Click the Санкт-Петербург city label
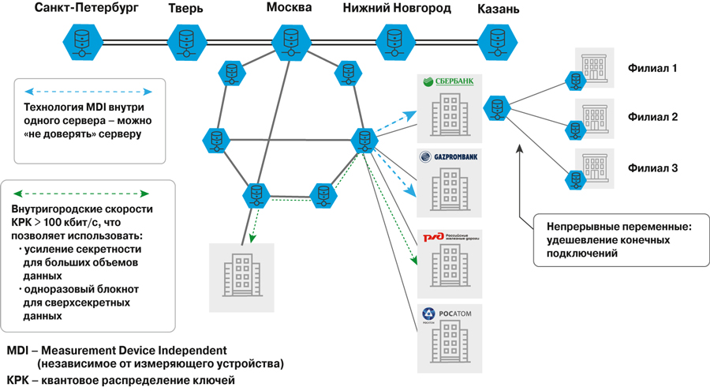(86, 9)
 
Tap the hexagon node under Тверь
(186, 39)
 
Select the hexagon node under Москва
(290, 39)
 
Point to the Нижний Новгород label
(397, 9)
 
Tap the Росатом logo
(447, 314)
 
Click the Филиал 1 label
(652, 69)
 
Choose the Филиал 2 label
(652, 117)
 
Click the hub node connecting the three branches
(498, 107)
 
